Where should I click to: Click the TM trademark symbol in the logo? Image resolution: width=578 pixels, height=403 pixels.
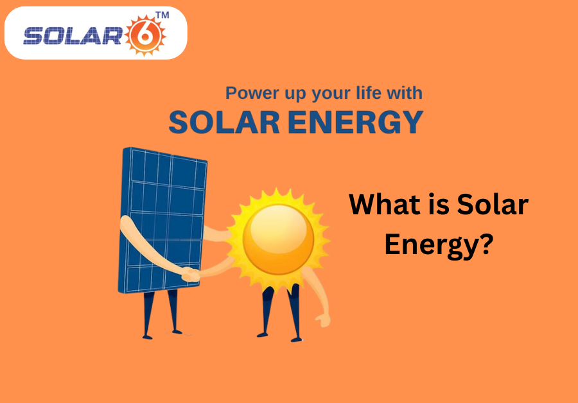[x=162, y=15]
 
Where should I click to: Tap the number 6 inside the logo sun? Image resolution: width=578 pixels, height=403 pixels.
[x=145, y=36]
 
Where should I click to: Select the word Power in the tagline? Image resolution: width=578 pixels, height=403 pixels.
[x=252, y=93]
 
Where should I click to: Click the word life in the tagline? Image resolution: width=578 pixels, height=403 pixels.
[x=369, y=92]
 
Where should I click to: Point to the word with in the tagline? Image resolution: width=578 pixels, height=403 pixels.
[x=405, y=92]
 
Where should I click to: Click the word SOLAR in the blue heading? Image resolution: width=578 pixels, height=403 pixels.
[x=224, y=122]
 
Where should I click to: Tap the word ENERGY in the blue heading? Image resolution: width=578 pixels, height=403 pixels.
[x=355, y=122]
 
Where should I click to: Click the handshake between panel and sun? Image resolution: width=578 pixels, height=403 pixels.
[x=191, y=275]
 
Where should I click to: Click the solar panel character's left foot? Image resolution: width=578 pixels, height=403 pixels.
[x=147, y=336]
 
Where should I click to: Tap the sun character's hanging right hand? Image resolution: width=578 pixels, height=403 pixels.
[x=323, y=320]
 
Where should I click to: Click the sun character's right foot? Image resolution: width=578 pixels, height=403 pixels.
[x=296, y=339]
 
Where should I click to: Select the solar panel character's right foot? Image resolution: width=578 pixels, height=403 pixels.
[x=177, y=332]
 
